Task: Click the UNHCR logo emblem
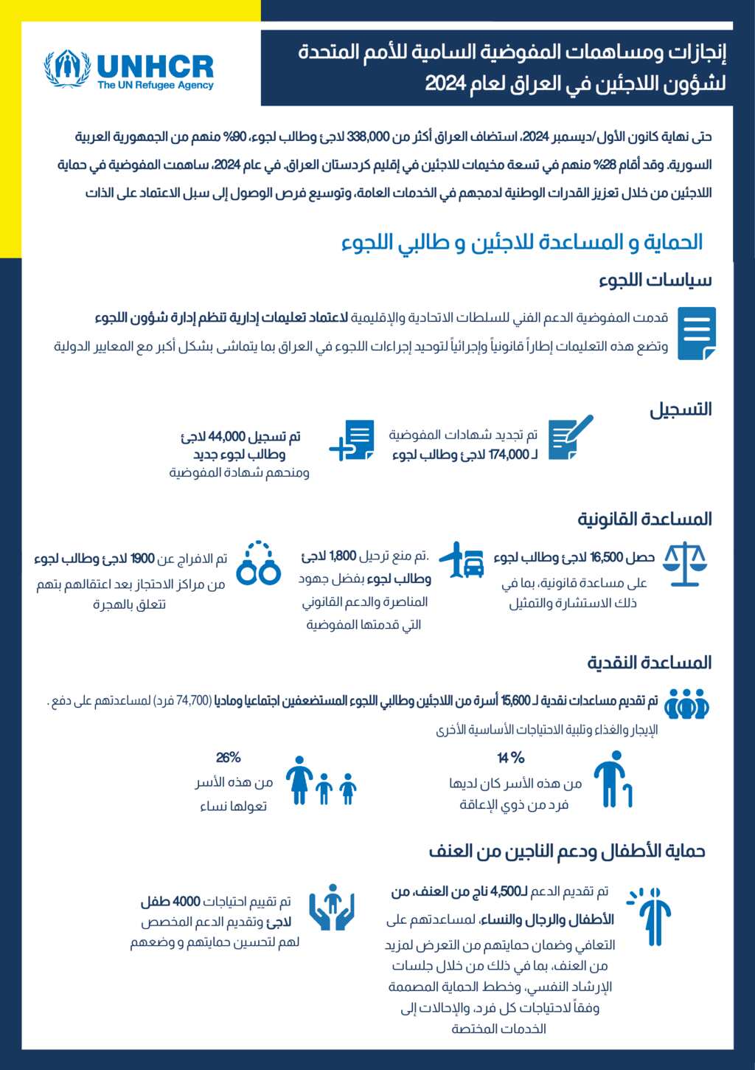pyautogui.click(x=67, y=69)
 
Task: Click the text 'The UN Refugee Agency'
pyautogui.click(x=156, y=86)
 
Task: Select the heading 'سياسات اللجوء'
pyautogui.click(x=655, y=280)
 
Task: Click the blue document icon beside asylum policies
pyautogui.click(x=696, y=333)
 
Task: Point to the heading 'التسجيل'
pyautogui.click(x=680, y=410)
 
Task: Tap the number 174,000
pyautogui.click(x=509, y=455)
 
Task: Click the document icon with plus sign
pyautogui.click(x=352, y=441)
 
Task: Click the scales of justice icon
pyautogui.click(x=684, y=565)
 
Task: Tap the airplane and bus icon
pyautogui.click(x=462, y=561)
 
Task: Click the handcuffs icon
pyautogui.click(x=259, y=564)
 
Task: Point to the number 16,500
pyautogui.click(x=607, y=557)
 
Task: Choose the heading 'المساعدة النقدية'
pyautogui.click(x=649, y=663)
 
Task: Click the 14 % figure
pyautogui.click(x=510, y=758)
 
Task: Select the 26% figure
pyautogui.click(x=229, y=758)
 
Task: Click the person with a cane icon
pyautogui.click(x=613, y=780)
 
